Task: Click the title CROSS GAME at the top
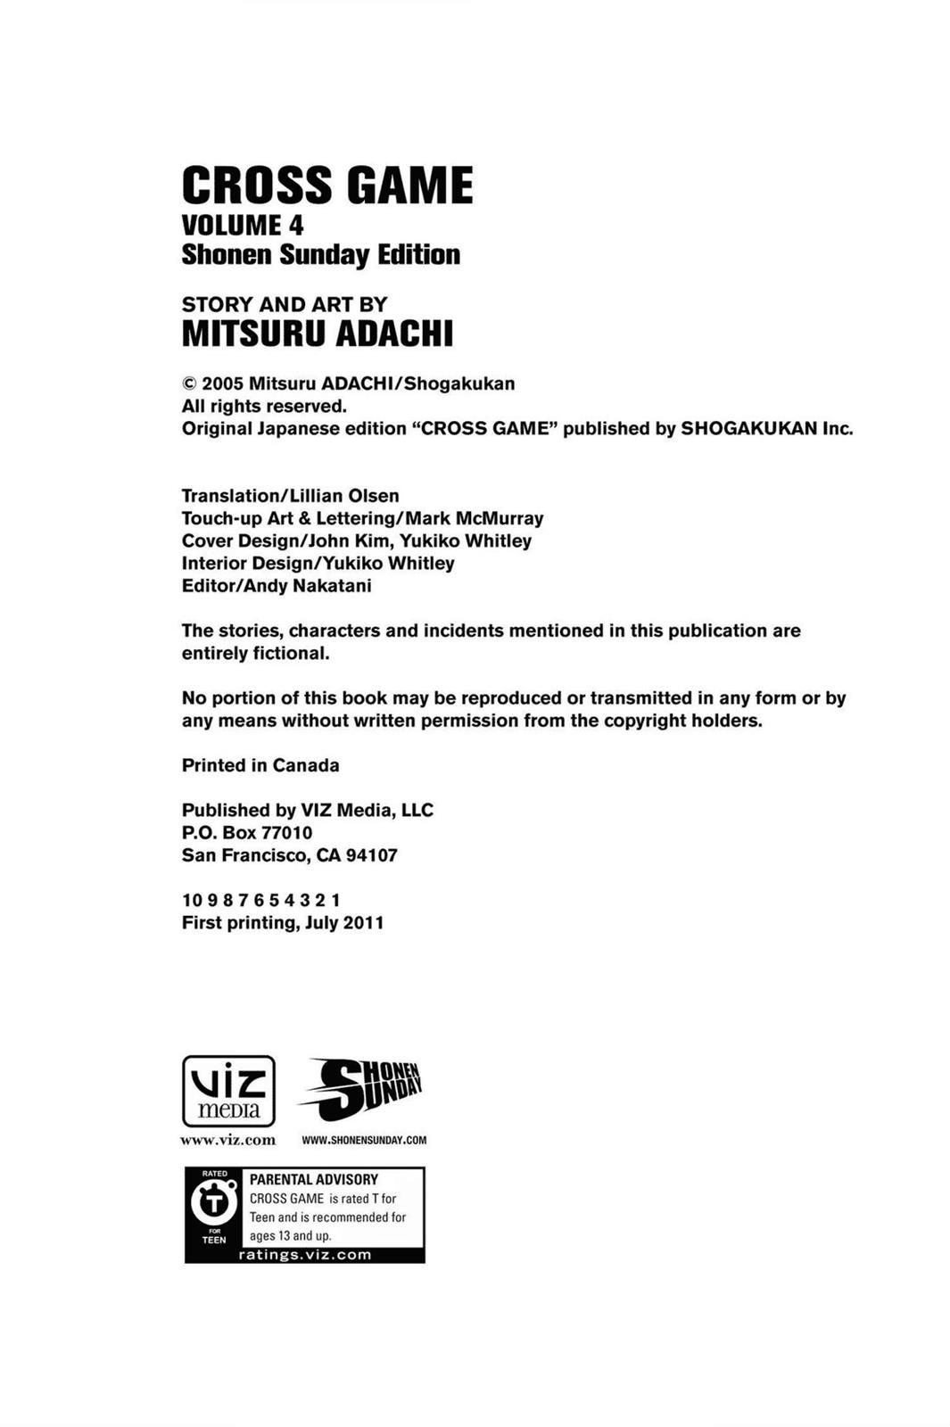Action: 326,186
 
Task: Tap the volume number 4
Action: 294,225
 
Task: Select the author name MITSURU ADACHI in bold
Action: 318,334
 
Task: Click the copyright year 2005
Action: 222,384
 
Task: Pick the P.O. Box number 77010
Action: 286,833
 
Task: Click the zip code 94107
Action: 371,855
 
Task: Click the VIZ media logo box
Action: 228,1091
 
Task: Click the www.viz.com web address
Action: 228,1140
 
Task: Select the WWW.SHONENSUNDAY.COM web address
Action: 364,1140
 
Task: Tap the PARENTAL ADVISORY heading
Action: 314,1179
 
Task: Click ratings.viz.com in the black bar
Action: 305,1255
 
